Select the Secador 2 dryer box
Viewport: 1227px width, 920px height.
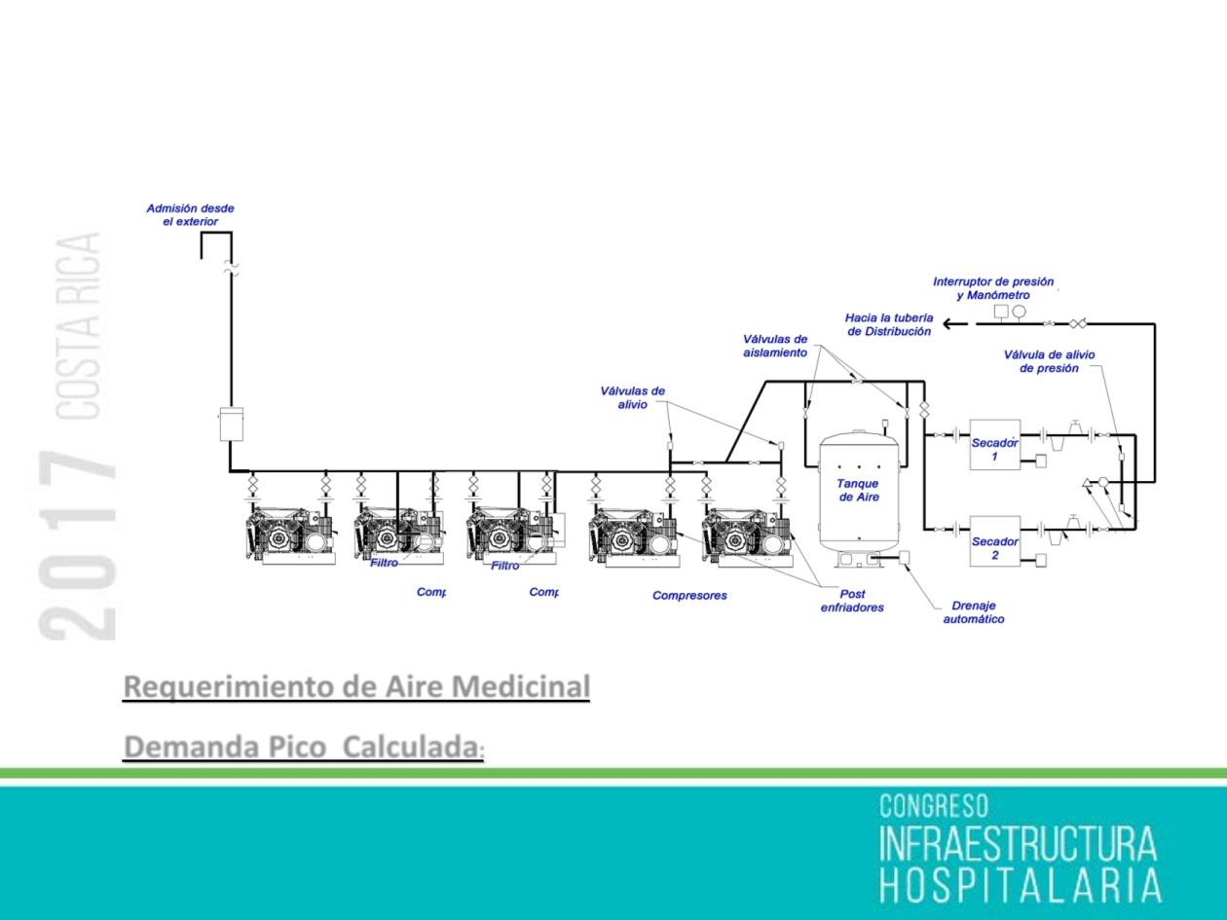pos(994,541)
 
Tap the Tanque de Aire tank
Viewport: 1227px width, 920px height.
pos(858,490)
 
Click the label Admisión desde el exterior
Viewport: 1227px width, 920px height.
pos(190,215)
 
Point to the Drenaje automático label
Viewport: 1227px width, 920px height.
pos(973,612)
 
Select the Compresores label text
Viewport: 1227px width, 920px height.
pos(689,596)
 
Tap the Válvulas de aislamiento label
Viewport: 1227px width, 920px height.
pos(775,347)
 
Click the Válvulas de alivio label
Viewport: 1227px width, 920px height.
pos(633,398)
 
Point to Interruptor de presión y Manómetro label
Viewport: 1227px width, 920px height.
pos(993,288)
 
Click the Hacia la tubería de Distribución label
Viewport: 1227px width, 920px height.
pos(889,324)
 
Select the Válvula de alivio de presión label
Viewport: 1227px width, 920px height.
pos(1049,361)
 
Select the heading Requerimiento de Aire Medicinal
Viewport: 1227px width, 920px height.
pos(356,686)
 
